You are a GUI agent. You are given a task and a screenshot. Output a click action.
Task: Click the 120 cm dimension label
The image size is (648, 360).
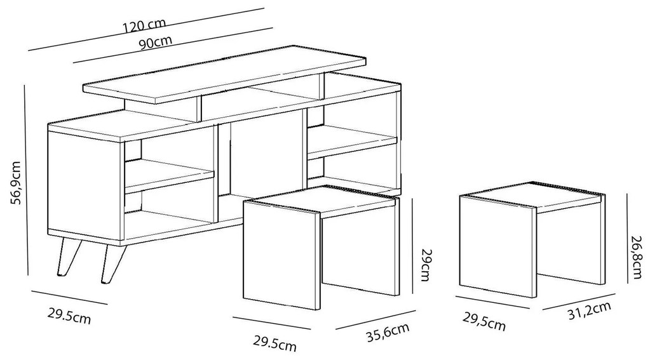point(145,24)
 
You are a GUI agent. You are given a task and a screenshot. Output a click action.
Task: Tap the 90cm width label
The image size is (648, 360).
point(156,42)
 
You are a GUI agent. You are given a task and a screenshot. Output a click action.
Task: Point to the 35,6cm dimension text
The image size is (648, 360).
point(388,332)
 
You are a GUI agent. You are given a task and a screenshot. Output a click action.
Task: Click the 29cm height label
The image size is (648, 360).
point(426,264)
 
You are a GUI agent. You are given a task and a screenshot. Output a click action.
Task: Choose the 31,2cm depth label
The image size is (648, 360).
point(590,310)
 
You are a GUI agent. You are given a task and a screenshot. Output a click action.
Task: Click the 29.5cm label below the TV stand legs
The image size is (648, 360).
point(69,316)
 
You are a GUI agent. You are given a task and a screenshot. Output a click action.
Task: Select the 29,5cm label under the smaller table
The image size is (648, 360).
point(483,322)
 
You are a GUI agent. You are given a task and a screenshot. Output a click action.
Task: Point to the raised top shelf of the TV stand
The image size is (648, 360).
point(226,74)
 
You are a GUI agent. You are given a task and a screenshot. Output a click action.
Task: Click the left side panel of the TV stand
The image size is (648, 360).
point(86,186)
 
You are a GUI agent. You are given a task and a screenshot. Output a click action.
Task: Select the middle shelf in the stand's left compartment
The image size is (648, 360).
point(170,176)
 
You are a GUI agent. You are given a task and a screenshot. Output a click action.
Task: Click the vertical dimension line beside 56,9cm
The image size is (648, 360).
point(27,180)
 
